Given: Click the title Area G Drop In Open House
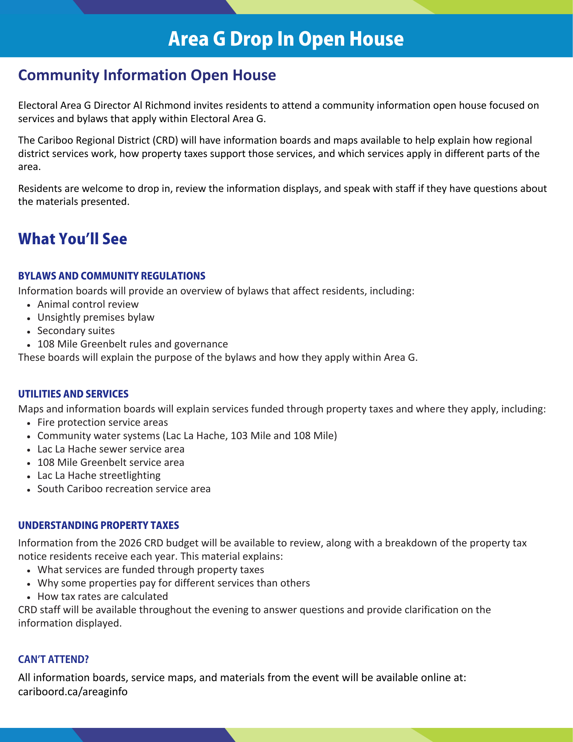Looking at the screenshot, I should [x=286, y=39].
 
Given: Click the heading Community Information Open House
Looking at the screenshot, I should [x=147, y=75].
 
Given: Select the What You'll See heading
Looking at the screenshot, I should [x=73, y=239].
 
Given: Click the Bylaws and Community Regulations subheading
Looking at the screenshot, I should [x=112, y=276].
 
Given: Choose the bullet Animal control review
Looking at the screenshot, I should [x=88, y=304].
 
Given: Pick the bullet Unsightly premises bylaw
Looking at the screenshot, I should [x=96, y=317].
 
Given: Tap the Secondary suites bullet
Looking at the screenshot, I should [x=76, y=331].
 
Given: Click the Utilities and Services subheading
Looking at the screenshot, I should [x=73, y=394].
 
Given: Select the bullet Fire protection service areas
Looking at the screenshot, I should [x=103, y=422].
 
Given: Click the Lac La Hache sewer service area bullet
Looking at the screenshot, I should [x=111, y=449].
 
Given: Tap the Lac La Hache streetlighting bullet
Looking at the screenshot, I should [x=99, y=475].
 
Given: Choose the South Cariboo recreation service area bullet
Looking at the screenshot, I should [x=124, y=489].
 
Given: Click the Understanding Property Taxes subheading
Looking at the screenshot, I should [x=99, y=525].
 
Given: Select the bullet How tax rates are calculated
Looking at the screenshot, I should [x=103, y=596].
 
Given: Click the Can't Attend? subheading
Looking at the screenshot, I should [x=54, y=660].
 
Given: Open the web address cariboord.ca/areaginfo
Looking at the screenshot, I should [x=73, y=692].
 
